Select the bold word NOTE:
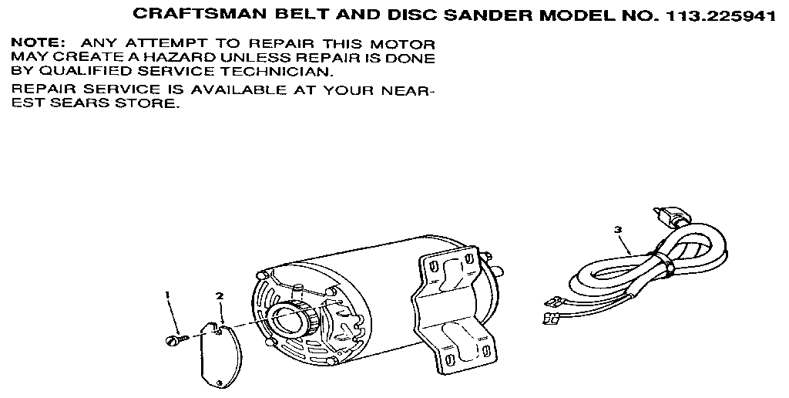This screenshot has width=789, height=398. click(39, 44)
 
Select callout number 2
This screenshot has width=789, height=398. click(220, 295)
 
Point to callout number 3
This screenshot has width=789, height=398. click(618, 230)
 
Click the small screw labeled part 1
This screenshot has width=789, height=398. click(176, 340)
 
